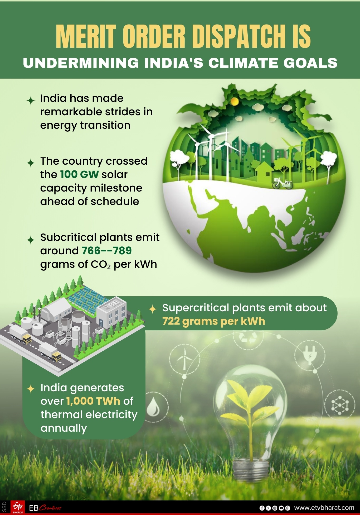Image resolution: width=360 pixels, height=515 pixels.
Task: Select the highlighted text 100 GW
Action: tap(79, 174)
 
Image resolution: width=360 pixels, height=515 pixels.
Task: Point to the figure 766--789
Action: tap(106, 251)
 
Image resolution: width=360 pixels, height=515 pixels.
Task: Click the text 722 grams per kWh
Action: tap(213, 321)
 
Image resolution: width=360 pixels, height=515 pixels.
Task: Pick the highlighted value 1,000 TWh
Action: tap(93, 401)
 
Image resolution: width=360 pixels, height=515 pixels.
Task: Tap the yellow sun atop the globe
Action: tap(234, 101)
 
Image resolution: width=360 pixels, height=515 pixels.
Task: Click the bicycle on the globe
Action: tap(282, 183)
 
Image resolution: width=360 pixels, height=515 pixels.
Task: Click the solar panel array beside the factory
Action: tap(87, 300)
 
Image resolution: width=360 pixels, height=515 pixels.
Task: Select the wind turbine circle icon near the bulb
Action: tap(184, 359)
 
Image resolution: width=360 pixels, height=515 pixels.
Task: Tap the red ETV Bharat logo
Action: tap(18, 507)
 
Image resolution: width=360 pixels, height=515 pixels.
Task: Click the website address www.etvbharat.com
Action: tap(324, 508)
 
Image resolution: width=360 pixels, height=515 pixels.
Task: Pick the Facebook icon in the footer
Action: tap(262, 508)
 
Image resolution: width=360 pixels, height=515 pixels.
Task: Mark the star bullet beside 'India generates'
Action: tap(31, 389)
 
